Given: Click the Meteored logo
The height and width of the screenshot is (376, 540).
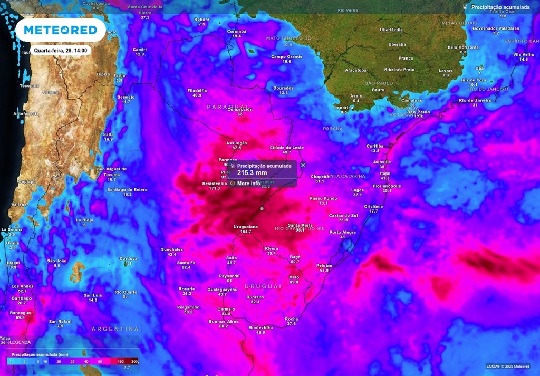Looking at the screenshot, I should (60, 30).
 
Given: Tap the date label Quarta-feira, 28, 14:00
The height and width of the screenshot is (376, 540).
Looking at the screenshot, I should (61, 51).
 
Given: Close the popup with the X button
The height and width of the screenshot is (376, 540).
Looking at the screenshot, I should (303, 165).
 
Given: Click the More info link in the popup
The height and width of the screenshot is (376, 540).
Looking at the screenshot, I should (248, 184).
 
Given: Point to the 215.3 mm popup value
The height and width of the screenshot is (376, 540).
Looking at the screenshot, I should (252, 172).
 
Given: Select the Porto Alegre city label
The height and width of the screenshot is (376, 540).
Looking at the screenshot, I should (342, 232).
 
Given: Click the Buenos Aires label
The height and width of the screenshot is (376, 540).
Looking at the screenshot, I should (224, 321).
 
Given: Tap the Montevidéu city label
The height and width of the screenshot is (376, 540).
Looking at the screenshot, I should (261, 327).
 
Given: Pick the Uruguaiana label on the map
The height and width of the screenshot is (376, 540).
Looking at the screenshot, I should (246, 227).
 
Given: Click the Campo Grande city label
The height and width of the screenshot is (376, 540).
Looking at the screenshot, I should (286, 56).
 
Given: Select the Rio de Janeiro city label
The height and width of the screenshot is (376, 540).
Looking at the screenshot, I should (475, 100).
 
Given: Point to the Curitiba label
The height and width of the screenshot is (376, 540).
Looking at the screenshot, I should (375, 146).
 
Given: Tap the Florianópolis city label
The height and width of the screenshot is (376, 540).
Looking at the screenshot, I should (387, 186).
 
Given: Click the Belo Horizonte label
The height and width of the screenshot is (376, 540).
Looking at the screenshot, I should (463, 47).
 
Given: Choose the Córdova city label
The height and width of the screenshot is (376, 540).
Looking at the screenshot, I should (128, 258).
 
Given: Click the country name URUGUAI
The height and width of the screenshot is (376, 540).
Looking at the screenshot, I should (263, 286).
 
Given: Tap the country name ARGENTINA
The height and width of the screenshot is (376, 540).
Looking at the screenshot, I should (115, 329).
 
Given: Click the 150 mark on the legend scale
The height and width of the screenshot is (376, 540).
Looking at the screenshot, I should (121, 362).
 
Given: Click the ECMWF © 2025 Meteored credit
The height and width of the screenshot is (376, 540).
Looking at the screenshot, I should (508, 366).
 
